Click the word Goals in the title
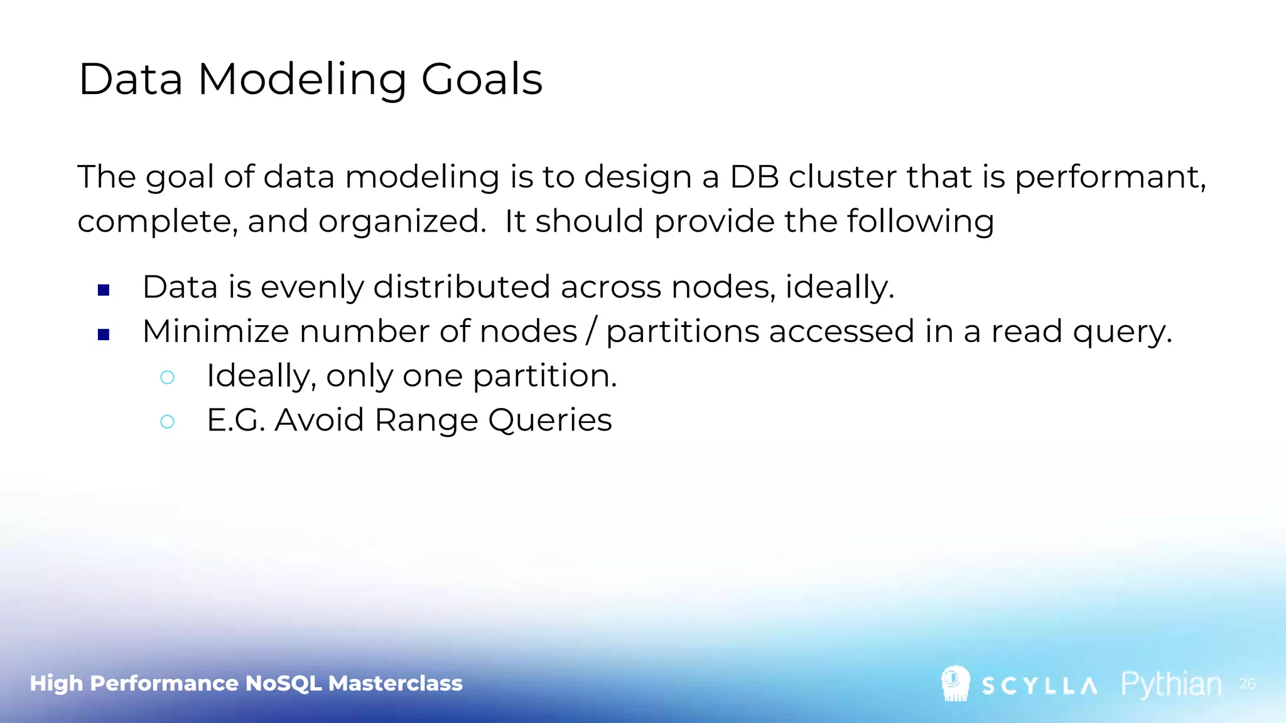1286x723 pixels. (481, 80)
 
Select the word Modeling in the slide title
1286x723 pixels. (302, 80)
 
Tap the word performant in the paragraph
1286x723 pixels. (1109, 178)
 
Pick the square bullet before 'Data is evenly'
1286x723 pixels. (104, 290)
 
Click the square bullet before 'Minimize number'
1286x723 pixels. (104, 335)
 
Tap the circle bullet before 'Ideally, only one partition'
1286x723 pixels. (167, 377)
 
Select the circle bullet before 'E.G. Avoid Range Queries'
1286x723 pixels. (167, 421)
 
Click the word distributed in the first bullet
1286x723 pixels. (462, 287)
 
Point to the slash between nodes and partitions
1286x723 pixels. (591, 331)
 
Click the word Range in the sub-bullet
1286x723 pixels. (426, 420)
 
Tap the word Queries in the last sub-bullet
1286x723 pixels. (549, 420)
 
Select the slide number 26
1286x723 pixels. (1247, 683)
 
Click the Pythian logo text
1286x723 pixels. (1171, 684)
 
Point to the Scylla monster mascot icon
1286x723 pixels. (955, 683)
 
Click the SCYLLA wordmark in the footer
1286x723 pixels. (1039, 686)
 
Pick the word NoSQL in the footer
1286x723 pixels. (283, 683)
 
